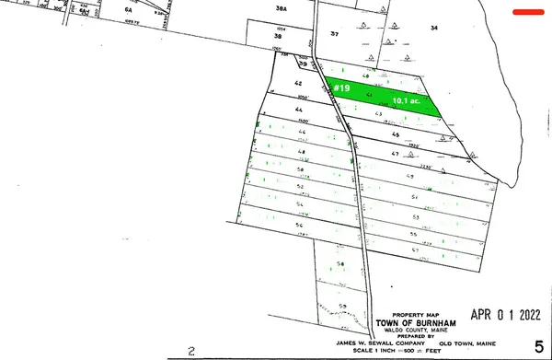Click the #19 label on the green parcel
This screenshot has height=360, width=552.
coord(341,88)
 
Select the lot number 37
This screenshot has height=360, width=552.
coord(335,34)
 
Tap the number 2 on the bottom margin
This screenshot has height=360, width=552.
coord(191,351)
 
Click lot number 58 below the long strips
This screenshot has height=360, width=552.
coord(339,264)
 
